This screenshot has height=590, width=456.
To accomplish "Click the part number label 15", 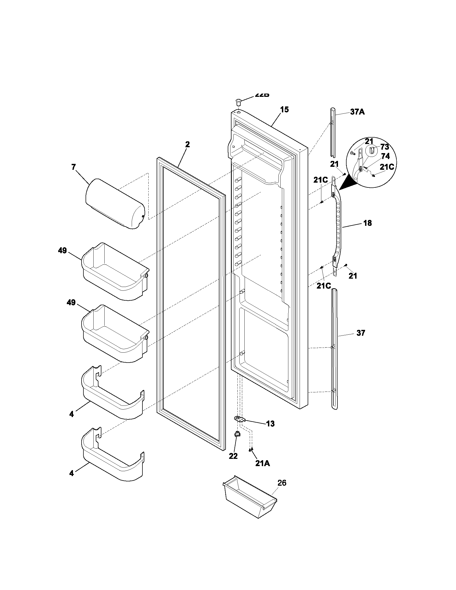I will [x=284, y=110].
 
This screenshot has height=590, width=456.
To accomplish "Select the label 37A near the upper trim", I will [x=357, y=112].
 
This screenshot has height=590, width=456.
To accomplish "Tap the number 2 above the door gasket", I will [x=187, y=145].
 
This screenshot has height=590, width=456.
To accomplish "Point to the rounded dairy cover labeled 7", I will [x=115, y=204].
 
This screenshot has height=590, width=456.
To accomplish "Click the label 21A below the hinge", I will [x=262, y=463].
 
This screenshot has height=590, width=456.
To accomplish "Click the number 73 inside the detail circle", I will [x=384, y=147].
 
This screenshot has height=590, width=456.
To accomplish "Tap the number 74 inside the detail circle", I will [x=385, y=156].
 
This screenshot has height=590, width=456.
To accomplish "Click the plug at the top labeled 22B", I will [x=238, y=102].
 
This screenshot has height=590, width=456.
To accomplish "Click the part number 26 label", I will [x=282, y=483].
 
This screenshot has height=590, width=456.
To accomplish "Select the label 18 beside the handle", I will [x=367, y=223].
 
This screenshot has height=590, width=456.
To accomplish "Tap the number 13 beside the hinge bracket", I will [x=270, y=423].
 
